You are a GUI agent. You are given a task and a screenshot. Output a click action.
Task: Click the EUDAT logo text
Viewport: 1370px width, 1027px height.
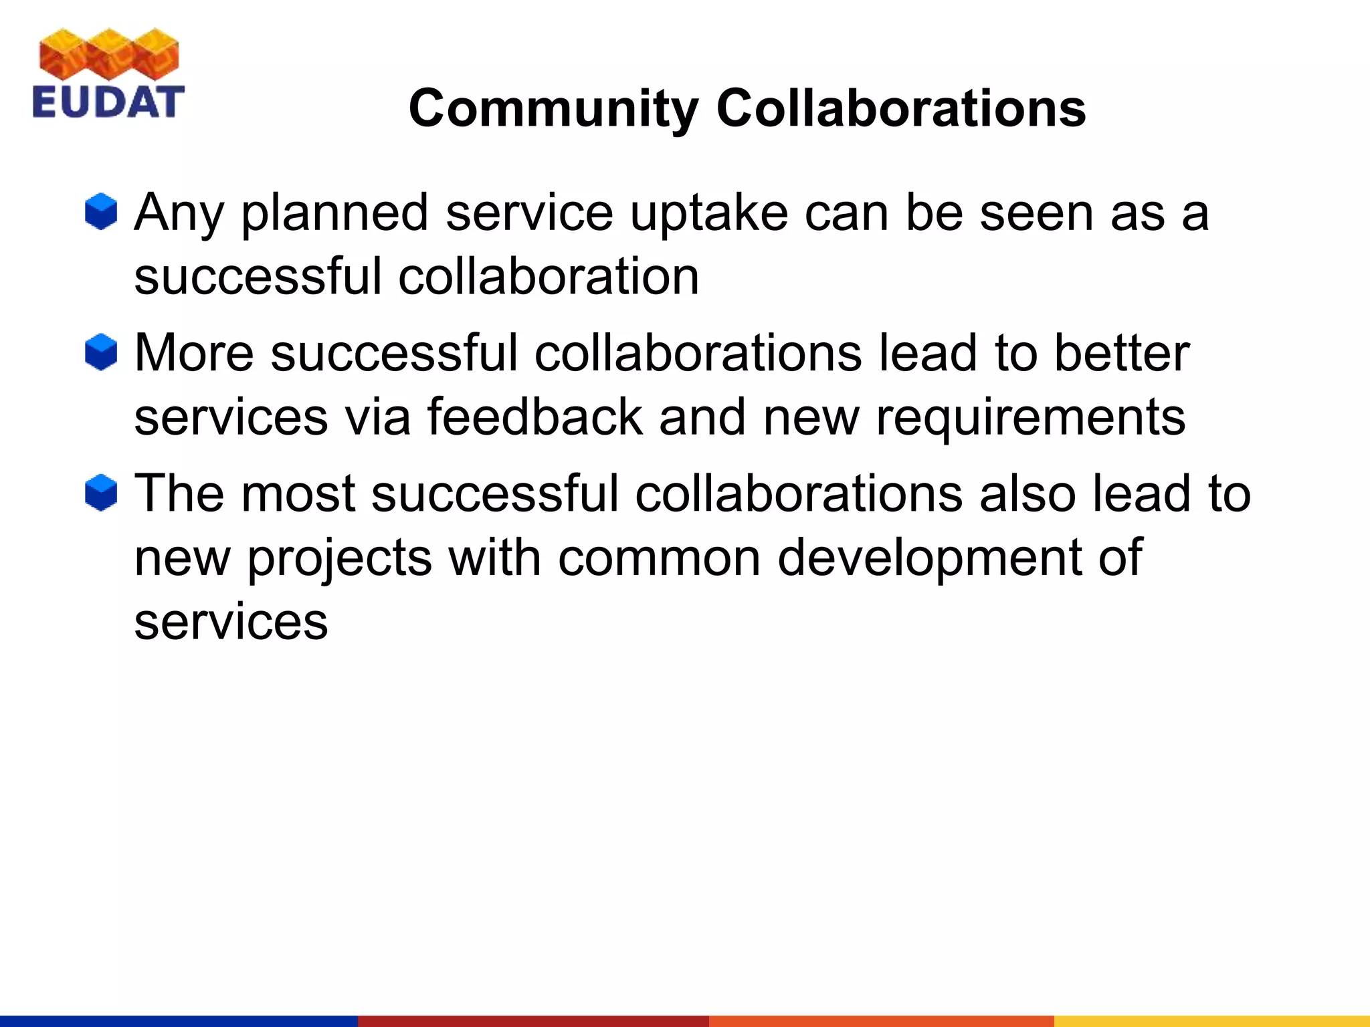pos(108,102)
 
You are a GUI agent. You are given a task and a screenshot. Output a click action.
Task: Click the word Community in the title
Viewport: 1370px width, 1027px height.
pos(554,108)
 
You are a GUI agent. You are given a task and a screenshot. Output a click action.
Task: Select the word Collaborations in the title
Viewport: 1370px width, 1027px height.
pos(901,108)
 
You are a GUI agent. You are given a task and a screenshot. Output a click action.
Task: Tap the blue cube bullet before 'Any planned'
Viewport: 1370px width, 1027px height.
pos(101,212)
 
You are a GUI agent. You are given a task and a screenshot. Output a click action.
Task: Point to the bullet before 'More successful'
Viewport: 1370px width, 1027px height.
pos(101,352)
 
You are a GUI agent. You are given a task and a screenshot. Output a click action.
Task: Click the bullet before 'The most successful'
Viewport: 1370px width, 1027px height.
pos(101,493)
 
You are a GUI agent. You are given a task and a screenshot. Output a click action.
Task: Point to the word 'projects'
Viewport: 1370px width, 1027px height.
pos(340,559)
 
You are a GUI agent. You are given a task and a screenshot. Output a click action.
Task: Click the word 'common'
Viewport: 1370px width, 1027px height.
pos(659,558)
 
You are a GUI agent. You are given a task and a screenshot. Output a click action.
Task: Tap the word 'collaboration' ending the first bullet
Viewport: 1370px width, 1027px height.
pos(549,277)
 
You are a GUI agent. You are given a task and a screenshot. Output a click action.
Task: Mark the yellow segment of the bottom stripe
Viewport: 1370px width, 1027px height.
pos(1211,1020)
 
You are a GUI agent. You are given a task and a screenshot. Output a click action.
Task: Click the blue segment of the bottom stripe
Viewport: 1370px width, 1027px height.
pos(179,1020)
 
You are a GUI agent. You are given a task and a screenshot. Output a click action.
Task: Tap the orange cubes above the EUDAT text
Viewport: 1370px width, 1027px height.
pos(108,55)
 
